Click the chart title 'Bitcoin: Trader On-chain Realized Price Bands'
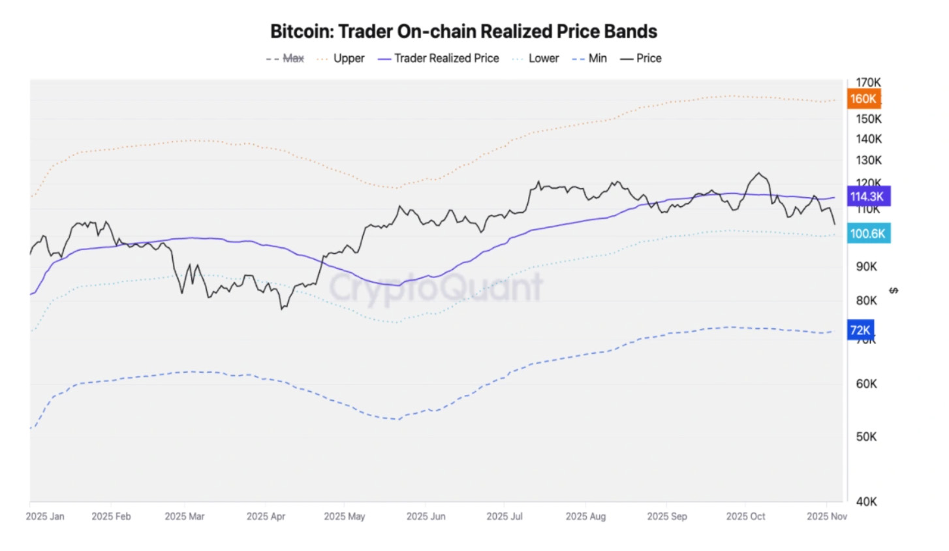463,31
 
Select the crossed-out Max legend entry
285,58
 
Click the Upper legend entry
341,58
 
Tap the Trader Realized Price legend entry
439,58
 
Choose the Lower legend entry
536,58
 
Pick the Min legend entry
589,58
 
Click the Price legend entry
641,58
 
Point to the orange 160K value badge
863,99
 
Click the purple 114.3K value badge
867,197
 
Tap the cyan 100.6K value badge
868,234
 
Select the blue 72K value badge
860,330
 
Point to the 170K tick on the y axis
868,82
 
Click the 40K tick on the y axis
866,501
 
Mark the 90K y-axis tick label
866,266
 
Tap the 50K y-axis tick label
866,436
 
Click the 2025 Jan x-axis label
45,516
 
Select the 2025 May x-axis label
345,516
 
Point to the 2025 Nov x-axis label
826,516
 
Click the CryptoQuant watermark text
436,288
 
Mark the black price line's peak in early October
758,173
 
